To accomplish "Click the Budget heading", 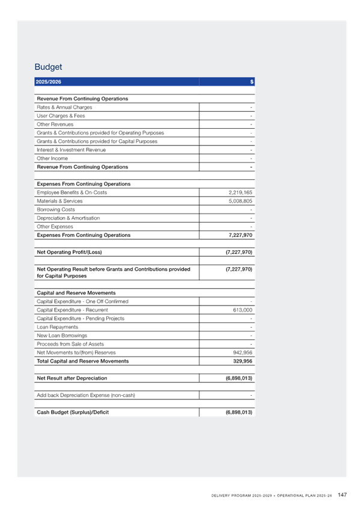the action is tap(48, 67).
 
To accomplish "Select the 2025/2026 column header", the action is tap(49, 82).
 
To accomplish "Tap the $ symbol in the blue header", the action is tap(251, 82).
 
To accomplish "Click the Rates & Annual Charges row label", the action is tap(64, 107).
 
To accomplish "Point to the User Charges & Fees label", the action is tap(61, 115).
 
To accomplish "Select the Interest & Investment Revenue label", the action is tap(71, 150).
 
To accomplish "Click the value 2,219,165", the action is tap(240, 192).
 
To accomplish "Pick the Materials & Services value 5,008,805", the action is tap(240, 201).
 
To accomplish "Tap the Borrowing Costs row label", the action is tap(55, 209).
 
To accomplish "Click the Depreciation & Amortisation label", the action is tap(69, 218).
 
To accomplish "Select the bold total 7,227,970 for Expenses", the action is tap(240, 235).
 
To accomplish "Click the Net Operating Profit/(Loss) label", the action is tap(69, 252).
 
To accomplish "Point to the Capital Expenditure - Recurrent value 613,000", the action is tap(242, 310).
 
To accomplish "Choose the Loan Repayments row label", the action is tap(58, 327).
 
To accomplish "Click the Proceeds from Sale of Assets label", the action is tap(70, 344).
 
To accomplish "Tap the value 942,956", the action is tap(242, 352).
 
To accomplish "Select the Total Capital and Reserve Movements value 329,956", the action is tap(242, 361).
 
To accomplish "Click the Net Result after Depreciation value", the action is tap(239, 378).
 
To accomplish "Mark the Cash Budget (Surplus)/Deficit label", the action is tap(73, 412).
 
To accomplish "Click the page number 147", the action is tap(342, 495).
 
